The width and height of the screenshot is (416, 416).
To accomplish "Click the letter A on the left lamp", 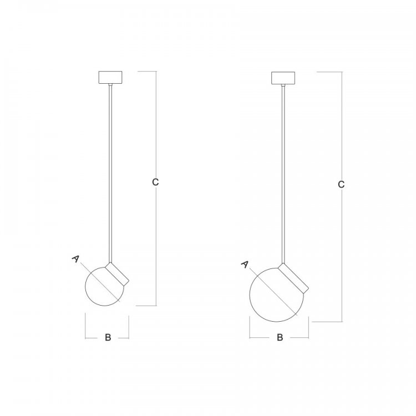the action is (x=75, y=259).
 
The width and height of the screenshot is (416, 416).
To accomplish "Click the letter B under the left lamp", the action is (x=108, y=337).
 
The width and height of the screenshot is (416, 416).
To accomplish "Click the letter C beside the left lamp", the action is (x=155, y=182).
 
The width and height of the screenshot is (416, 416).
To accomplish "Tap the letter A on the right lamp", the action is (x=245, y=265).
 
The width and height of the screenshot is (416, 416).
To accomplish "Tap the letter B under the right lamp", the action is (x=280, y=337).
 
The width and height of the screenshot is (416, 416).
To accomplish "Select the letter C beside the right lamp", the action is (x=341, y=184).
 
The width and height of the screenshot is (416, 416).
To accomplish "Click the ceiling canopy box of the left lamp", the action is (x=110, y=78).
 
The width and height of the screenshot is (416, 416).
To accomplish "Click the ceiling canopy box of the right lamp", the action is (x=283, y=78).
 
